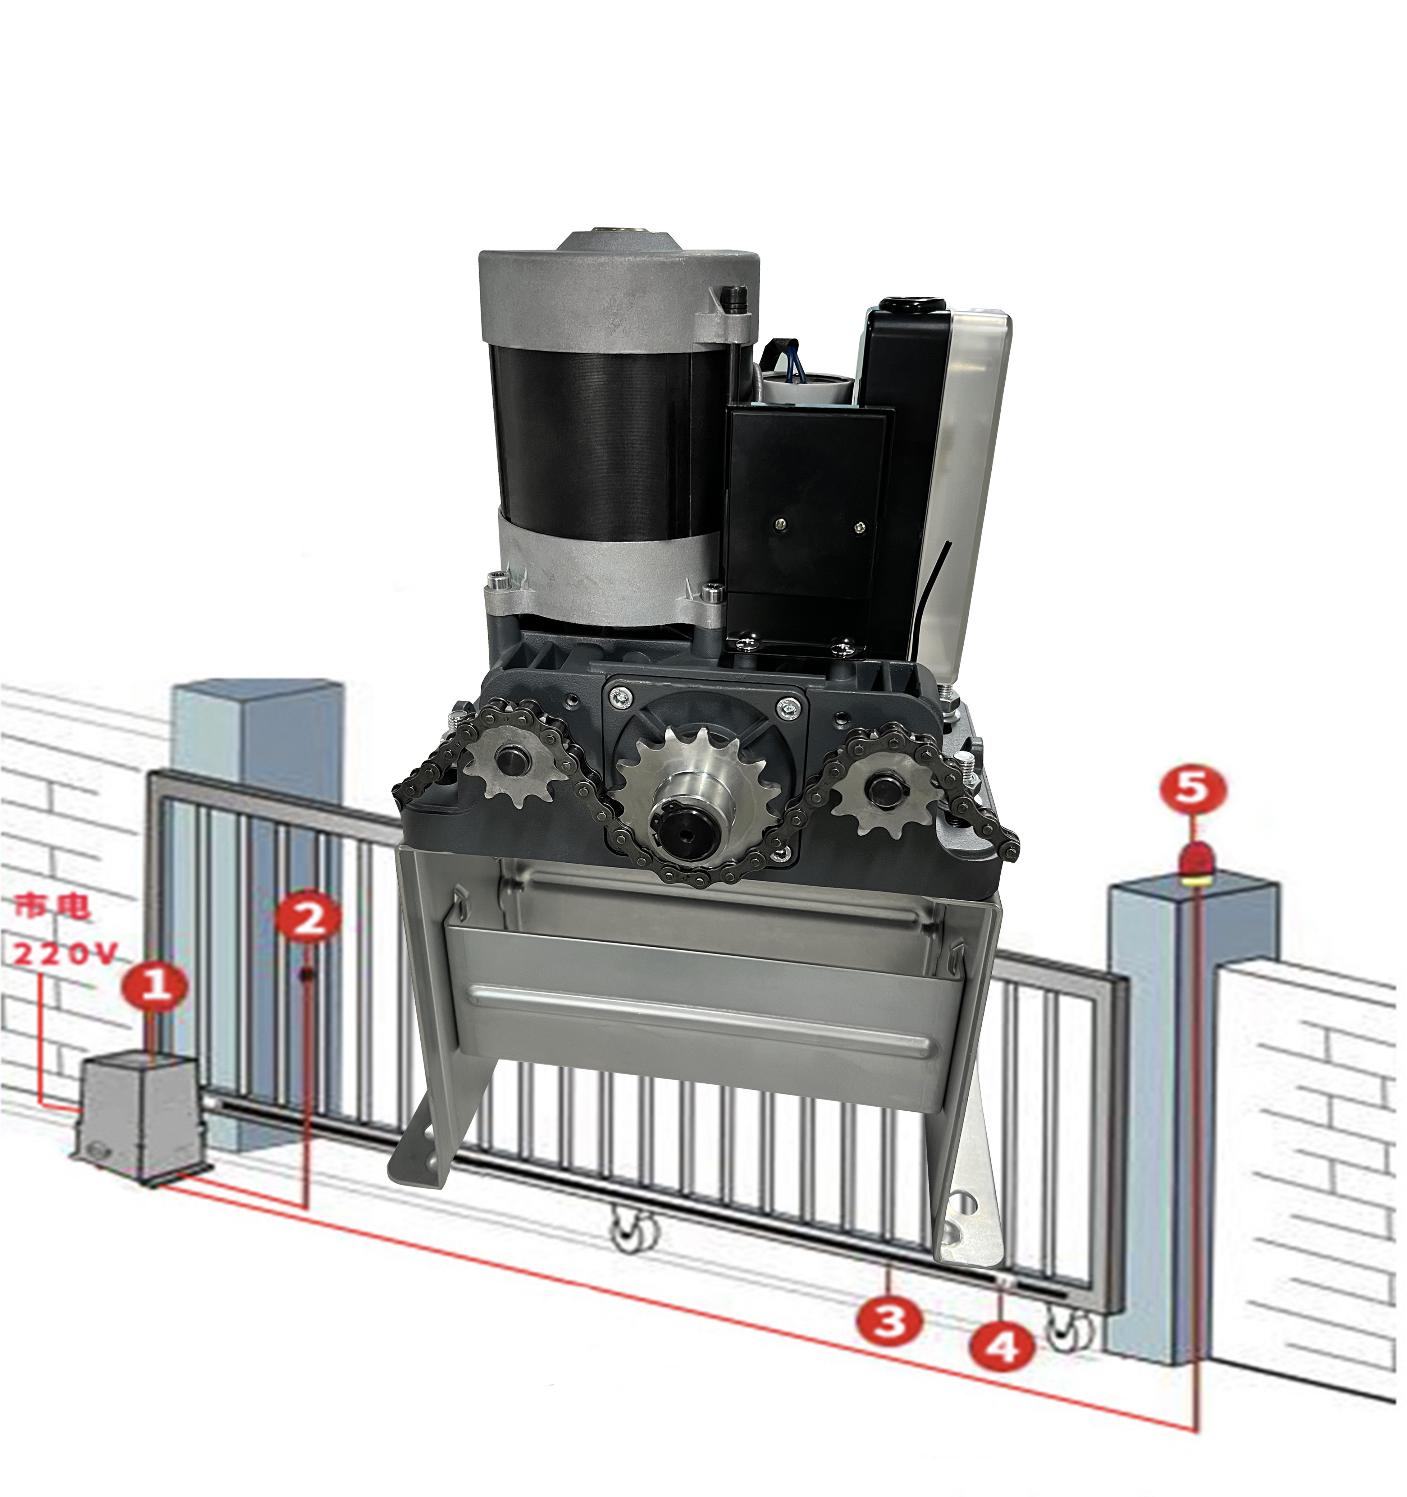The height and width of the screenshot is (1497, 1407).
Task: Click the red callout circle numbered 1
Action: point(156,984)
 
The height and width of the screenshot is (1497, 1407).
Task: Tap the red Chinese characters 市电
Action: point(53,906)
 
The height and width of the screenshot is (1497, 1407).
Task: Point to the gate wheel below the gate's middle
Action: point(634,1223)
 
